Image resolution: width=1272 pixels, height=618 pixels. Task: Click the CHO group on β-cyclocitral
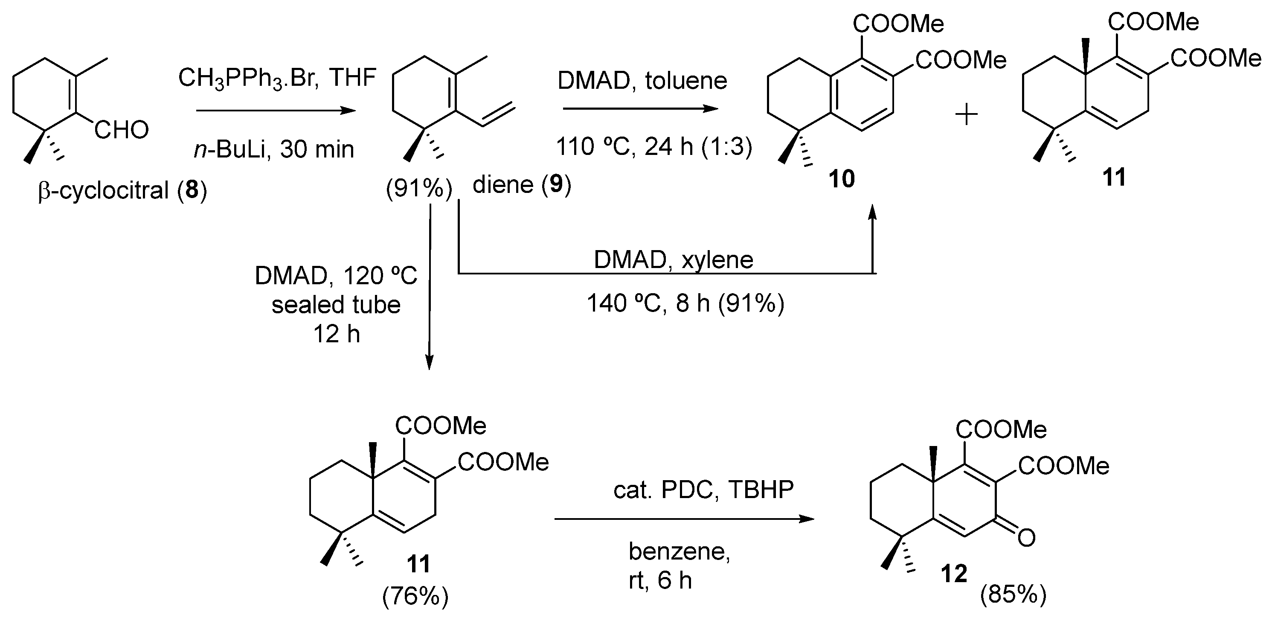[122, 131]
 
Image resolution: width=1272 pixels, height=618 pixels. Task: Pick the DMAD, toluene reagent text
[642, 81]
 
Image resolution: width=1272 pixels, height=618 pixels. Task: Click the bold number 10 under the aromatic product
[842, 179]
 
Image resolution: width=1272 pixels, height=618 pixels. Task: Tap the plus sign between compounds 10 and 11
[966, 116]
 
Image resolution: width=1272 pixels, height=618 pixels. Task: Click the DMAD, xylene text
[674, 260]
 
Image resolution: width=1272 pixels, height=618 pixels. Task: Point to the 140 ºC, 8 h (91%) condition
[685, 303]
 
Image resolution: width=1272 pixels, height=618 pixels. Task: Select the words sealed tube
[336, 305]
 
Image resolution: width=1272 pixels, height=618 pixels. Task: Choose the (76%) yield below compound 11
[415, 596]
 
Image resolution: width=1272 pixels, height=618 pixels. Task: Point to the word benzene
[679, 551]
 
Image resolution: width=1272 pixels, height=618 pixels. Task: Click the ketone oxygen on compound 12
[1026, 537]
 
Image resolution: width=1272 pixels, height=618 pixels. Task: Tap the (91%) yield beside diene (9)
[419, 189]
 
